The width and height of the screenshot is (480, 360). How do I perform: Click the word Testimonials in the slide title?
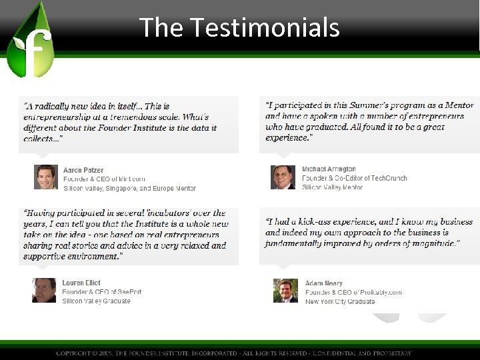click(x=265, y=27)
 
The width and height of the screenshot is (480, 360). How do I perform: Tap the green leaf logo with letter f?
click(x=30, y=43)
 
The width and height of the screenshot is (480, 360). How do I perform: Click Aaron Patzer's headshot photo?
click(x=46, y=177)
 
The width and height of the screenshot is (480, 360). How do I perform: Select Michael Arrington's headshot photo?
click(x=283, y=177)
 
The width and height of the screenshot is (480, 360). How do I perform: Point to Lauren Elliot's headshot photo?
click(x=44, y=291)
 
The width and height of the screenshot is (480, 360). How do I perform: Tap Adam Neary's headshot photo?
click(x=285, y=291)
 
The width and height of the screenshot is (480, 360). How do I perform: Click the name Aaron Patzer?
click(x=83, y=170)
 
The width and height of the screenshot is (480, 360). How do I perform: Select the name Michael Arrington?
click(x=329, y=169)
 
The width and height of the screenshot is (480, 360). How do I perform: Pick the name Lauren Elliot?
click(x=81, y=283)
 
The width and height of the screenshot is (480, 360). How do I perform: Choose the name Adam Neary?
click(x=323, y=283)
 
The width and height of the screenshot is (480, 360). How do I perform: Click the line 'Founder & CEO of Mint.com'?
click(x=104, y=179)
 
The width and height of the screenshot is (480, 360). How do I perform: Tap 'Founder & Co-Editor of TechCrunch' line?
click(x=353, y=179)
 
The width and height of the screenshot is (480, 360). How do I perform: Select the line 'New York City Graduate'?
click(x=340, y=301)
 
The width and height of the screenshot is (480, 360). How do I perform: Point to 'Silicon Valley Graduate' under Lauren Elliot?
click(x=96, y=301)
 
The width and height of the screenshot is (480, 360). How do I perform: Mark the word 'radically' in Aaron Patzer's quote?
click(x=52, y=106)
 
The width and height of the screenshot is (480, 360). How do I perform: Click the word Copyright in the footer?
click(x=77, y=353)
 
